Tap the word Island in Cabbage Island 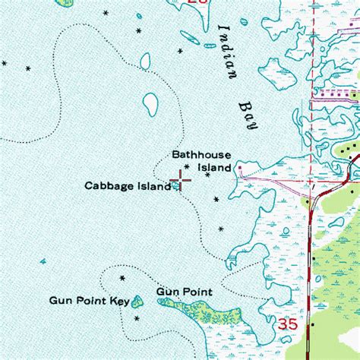pos(153,185)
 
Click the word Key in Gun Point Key pos(118,301)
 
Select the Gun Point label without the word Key pos(185,292)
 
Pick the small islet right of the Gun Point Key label pos(137,302)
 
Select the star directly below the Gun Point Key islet pos(137,317)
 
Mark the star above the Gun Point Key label pos(121,268)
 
